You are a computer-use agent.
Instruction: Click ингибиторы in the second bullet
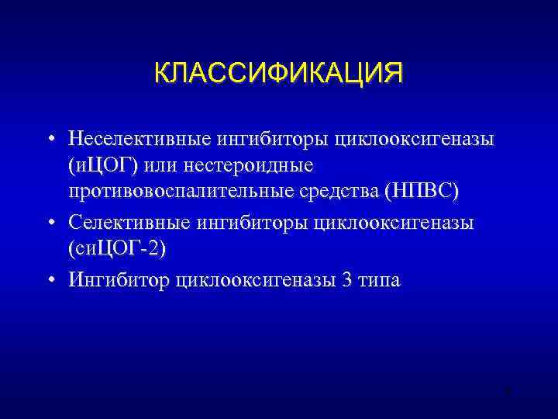pos(259,223)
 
